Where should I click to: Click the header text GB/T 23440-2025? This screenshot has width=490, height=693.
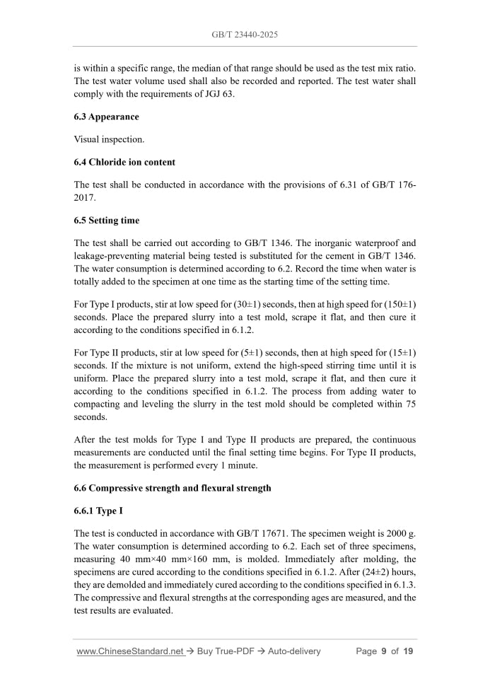pyautogui.click(x=245, y=34)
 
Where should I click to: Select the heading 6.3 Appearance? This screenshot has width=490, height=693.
pyautogui.click(x=106, y=117)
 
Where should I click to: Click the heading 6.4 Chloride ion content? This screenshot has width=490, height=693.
pyautogui.click(x=124, y=162)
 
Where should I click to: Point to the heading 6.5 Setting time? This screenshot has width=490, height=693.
pyautogui.click(x=106, y=221)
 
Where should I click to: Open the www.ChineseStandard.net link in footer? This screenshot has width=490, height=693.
pyautogui.click(x=129, y=651)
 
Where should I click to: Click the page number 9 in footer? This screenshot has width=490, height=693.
pyautogui.click(x=384, y=651)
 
